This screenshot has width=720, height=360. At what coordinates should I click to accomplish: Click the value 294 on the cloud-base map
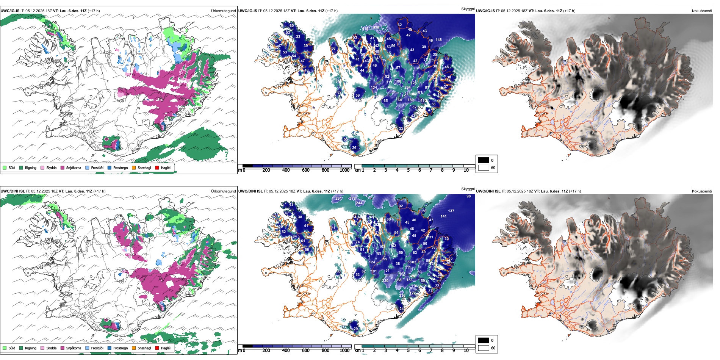tap(407, 88)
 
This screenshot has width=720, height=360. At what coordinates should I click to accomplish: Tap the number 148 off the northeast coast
tap(438, 40)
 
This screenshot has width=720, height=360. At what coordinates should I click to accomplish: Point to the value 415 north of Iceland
tap(365, 29)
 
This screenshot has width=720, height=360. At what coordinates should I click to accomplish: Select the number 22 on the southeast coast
tap(401, 128)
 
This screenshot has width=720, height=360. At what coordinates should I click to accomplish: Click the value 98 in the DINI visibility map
tap(469, 196)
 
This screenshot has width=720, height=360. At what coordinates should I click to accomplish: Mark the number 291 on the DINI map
tap(338, 199)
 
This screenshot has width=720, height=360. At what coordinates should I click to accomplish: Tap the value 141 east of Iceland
tap(443, 216)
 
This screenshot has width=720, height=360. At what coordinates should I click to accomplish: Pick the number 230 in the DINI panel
tap(385, 281)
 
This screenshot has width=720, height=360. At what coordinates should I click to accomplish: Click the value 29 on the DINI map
tap(355, 329)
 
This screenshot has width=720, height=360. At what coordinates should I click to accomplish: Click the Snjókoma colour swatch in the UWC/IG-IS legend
tap(63, 168)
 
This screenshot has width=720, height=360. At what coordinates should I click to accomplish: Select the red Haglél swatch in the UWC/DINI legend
tap(157, 348)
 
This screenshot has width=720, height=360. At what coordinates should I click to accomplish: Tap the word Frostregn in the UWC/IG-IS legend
tap(120, 168)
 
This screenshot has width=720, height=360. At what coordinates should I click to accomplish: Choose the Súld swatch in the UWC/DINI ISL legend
tap(5, 348)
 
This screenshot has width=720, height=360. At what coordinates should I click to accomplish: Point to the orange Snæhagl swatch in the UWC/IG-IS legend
tap(134, 168)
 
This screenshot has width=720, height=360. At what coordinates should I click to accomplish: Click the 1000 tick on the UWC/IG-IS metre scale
tap(344, 171)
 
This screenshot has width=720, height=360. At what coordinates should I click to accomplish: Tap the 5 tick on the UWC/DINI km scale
tap(409, 351)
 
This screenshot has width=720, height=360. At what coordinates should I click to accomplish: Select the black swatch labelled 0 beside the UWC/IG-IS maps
tap(484, 160)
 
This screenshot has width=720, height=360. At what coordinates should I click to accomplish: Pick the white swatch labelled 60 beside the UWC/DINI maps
tap(484, 348)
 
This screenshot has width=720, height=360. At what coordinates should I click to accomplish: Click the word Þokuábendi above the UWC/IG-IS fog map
tap(702, 11)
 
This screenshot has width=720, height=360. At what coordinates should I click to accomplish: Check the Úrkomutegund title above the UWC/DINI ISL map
tap(223, 191)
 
